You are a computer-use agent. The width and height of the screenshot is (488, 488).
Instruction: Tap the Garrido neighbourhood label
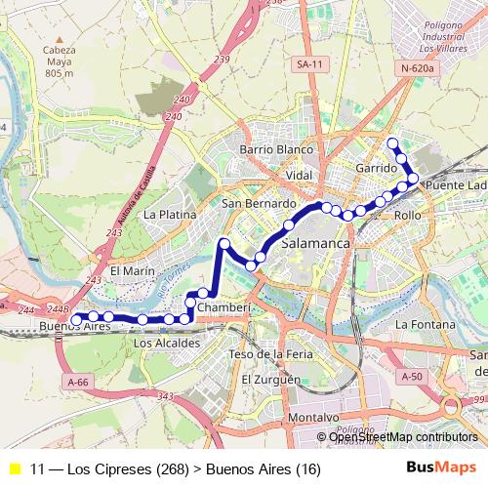(376, 169)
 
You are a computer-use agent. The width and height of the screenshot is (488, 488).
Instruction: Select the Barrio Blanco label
(276, 150)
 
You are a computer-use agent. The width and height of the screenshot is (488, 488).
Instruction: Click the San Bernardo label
(258, 203)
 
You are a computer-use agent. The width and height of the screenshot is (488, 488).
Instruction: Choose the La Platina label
(170, 214)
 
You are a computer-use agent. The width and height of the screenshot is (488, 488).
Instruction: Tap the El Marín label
(133, 270)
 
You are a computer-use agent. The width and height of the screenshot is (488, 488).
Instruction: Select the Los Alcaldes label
(166, 344)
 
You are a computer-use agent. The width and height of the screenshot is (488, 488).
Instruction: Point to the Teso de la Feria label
(270, 353)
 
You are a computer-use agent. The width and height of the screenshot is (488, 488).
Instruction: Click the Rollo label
(407, 214)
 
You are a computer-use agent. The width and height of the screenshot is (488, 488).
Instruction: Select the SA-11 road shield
(311, 63)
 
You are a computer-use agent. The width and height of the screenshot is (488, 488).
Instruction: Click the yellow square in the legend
(14, 468)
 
